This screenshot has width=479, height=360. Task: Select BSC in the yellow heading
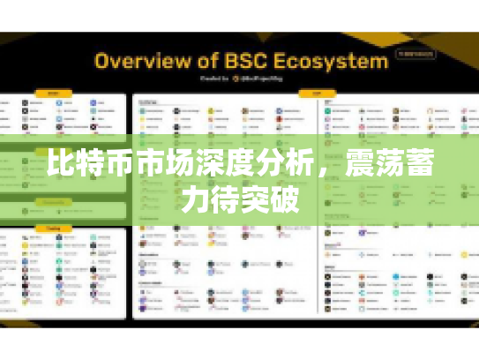246,62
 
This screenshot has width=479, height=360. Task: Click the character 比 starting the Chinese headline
61,165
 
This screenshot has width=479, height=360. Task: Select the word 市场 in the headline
160,165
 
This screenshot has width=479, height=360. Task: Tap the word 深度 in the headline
216,165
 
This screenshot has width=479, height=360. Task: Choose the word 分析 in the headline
273,165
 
